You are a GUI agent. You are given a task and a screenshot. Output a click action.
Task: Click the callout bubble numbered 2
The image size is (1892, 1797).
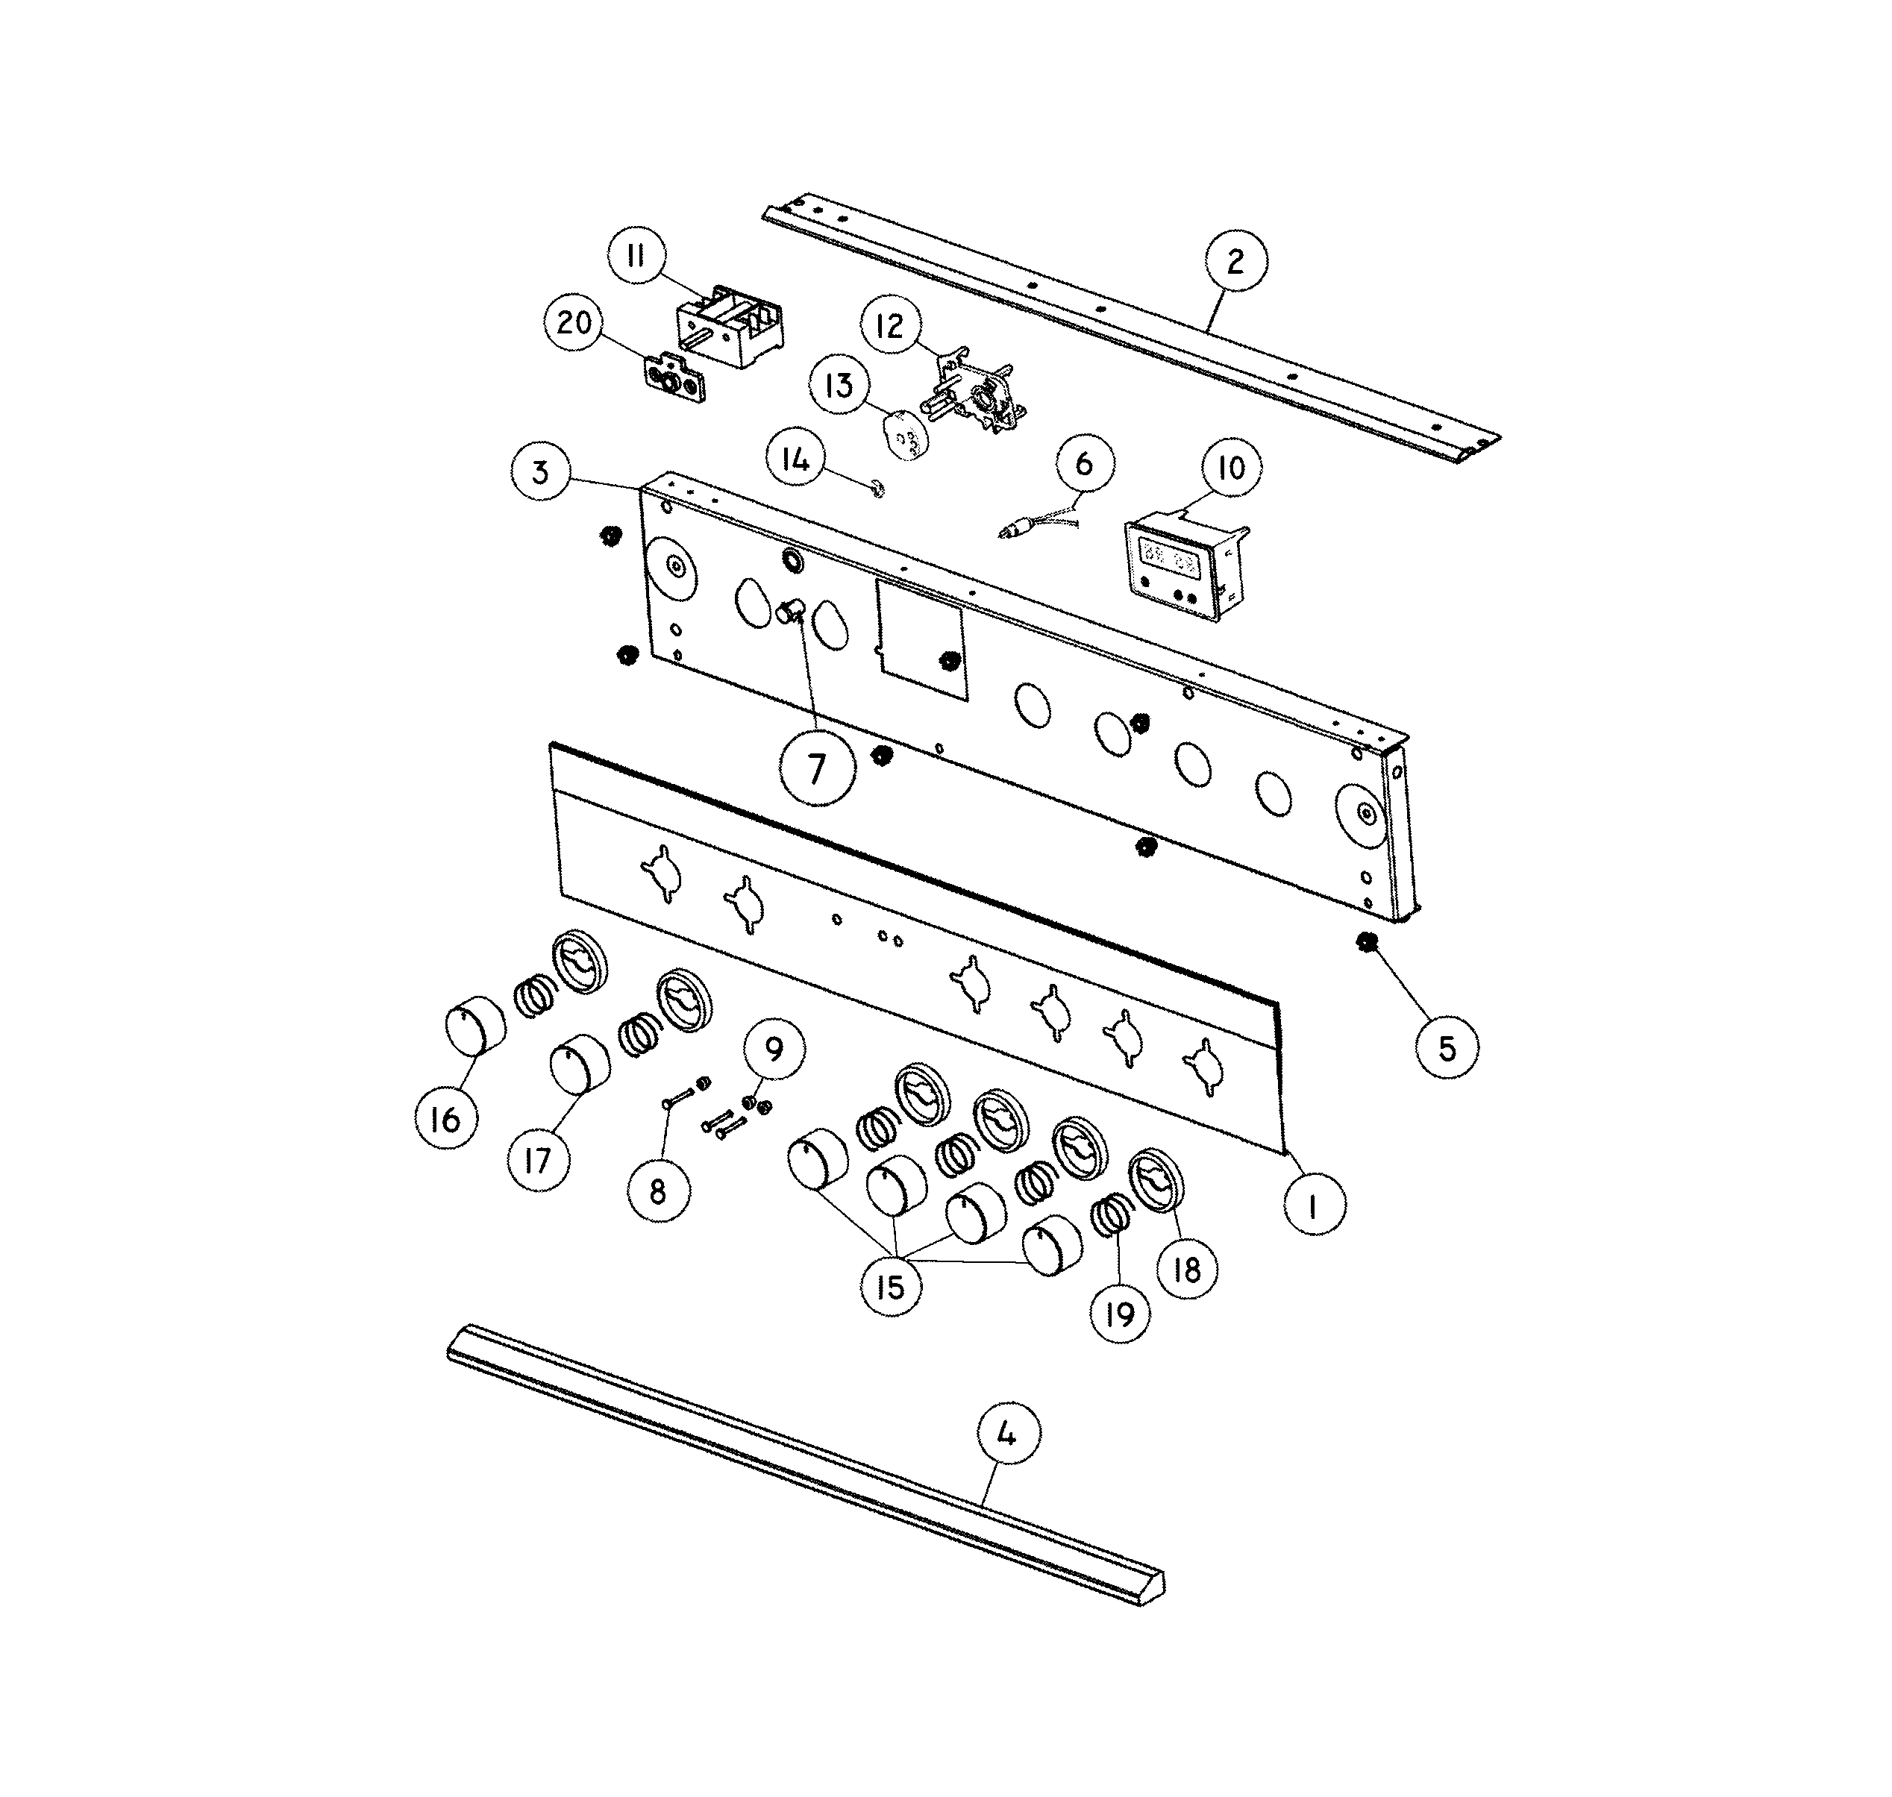click(x=1235, y=260)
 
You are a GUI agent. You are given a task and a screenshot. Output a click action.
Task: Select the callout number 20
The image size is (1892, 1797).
click(x=574, y=323)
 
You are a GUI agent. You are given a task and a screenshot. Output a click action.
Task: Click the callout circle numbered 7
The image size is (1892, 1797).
click(x=816, y=768)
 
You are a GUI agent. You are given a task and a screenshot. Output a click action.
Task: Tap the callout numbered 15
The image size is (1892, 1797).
click(x=891, y=1287)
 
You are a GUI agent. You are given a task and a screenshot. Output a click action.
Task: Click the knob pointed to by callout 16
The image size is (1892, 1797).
click(x=476, y=1025)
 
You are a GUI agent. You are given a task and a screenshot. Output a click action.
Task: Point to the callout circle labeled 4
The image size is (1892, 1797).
click(x=1008, y=1434)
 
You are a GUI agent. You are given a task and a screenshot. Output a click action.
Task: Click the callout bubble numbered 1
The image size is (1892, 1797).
click(x=1313, y=1208)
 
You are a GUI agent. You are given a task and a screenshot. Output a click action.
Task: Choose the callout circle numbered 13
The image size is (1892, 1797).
click(x=840, y=385)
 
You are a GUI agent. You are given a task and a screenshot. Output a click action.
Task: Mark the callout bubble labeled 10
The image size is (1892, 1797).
click(x=1230, y=468)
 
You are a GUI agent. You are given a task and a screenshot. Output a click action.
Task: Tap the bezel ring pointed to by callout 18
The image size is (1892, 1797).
click(x=1156, y=1181)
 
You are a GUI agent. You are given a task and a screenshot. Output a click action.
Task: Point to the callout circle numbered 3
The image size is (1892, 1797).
click(x=541, y=472)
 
